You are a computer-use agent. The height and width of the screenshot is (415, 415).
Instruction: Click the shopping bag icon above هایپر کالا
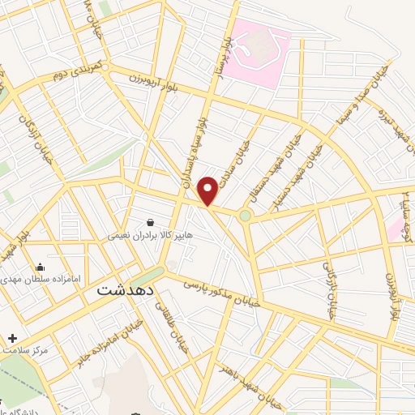150,222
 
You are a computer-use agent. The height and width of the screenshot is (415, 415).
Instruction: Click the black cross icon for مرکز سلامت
11,337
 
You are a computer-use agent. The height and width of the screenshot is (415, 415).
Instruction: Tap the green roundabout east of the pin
244,216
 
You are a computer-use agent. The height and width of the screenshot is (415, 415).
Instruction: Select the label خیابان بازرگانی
330,288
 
